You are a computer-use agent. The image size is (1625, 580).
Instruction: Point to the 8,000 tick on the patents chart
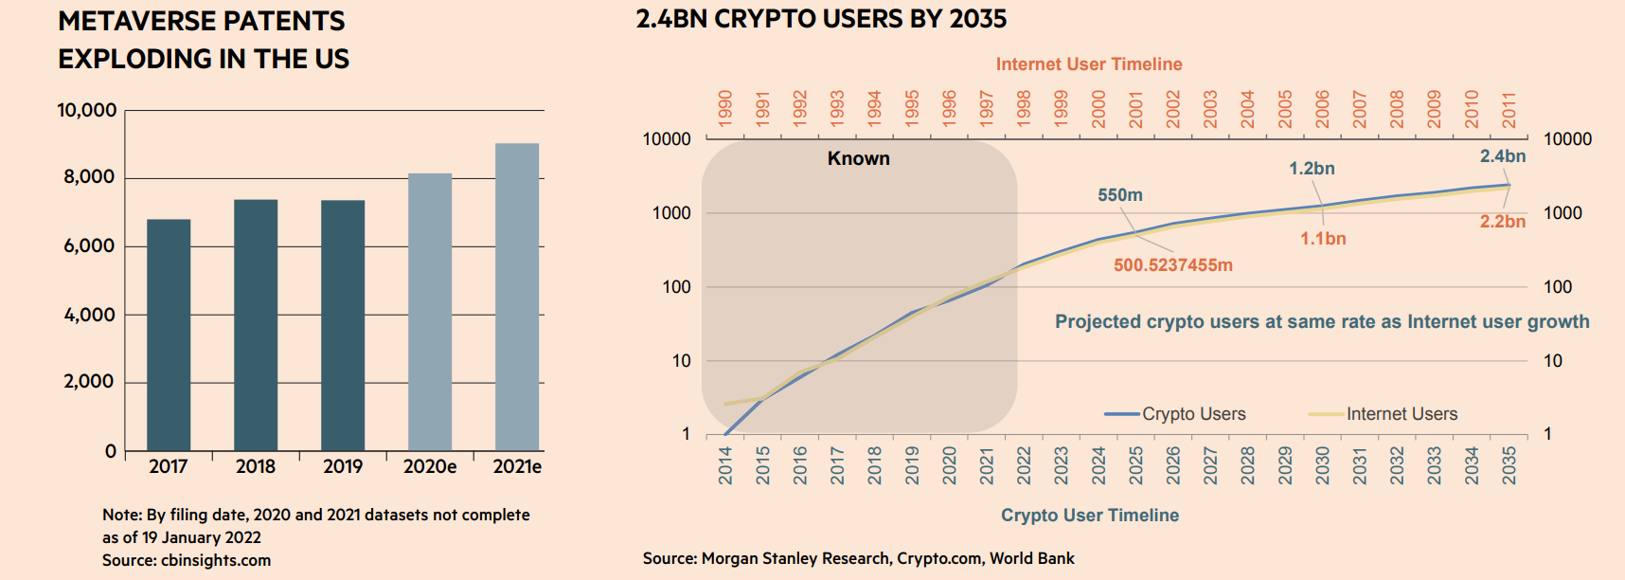(89, 177)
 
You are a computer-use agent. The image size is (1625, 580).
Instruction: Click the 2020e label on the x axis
(430, 466)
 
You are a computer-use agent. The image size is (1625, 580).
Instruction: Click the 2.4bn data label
(1503, 156)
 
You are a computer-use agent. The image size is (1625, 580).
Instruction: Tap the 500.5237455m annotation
(1172, 265)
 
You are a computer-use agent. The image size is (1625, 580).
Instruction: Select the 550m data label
(1120, 195)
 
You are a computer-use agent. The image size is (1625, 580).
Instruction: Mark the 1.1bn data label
(1323, 239)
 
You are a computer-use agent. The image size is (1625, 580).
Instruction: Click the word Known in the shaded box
(859, 158)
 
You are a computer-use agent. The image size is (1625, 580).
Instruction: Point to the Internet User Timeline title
(1089, 64)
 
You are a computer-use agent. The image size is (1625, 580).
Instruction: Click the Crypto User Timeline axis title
(1090, 516)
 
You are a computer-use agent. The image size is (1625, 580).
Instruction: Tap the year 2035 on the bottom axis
(1509, 465)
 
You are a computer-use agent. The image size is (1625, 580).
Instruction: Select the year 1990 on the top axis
(725, 109)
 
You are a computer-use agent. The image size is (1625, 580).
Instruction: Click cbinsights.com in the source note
(216, 560)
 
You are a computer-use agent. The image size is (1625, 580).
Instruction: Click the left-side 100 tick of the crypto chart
(676, 287)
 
